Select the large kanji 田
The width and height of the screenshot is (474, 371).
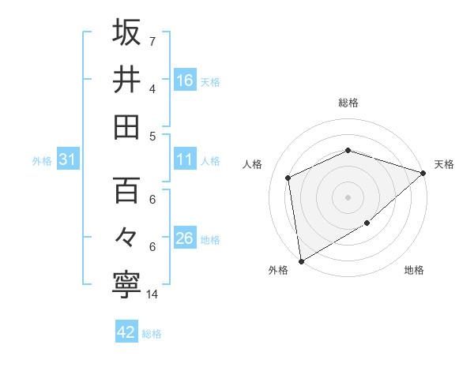(x=126, y=126)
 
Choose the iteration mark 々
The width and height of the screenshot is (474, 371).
(x=126, y=238)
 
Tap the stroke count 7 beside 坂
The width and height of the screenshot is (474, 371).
(x=152, y=40)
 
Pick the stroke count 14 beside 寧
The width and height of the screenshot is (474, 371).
(x=152, y=294)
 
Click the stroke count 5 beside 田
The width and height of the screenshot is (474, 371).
(x=152, y=136)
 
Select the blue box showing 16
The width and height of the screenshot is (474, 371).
(x=185, y=80)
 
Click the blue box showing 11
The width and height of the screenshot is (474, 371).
(x=185, y=160)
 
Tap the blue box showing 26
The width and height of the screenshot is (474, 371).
(x=185, y=238)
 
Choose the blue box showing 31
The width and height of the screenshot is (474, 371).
(x=68, y=160)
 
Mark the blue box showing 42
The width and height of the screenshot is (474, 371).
(x=126, y=332)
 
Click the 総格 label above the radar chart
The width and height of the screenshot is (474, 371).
(x=348, y=103)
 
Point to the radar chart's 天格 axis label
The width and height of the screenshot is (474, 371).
(x=444, y=164)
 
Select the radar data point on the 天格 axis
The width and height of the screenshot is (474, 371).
(x=423, y=173)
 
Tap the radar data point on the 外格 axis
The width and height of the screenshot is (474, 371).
(x=301, y=260)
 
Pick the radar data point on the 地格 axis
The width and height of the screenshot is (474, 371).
(x=367, y=223)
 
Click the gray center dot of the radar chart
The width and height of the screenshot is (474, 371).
(x=348, y=197)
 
